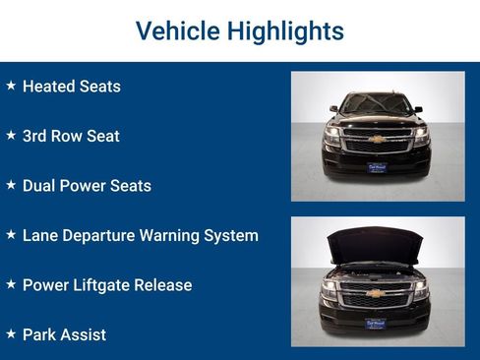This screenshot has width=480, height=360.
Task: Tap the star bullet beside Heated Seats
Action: pyautogui.click(x=11, y=86)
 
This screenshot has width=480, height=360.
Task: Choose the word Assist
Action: pyautogui.click(x=82, y=334)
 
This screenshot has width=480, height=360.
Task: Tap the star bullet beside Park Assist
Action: pyautogui.click(x=11, y=334)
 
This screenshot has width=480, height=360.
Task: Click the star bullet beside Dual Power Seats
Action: pyautogui.click(x=11, y=185)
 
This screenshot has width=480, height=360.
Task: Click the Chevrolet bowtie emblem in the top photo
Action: pyautogui.click(x=377, y=140)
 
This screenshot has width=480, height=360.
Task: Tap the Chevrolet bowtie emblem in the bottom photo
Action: pyautogui.click(x=377, y=293)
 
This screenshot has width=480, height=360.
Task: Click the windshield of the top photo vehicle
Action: pyautogui.click(x=377, y=103)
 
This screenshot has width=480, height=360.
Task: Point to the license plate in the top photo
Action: pyautogui.click(x=377, y=167)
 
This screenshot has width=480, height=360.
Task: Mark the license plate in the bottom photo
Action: pyautogui.click(x=377, y=322)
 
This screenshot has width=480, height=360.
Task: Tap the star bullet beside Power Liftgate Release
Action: pyautogui.click(x=11, y=285)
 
